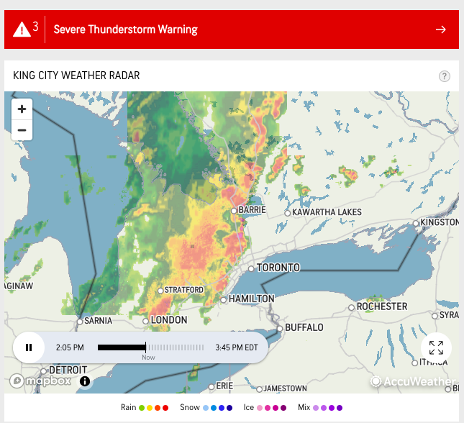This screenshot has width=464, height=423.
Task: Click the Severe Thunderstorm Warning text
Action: coord(127,29)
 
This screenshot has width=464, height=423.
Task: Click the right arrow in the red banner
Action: coord(441,29)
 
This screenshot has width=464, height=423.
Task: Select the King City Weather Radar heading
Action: coord(76,76)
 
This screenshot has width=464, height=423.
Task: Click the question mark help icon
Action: coord(445,76)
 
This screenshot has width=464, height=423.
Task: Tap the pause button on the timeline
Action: coord(29,347)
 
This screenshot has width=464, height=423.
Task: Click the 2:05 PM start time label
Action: coord(70,347)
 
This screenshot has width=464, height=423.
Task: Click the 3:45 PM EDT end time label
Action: coord(236,347)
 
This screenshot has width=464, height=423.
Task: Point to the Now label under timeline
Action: coord(148,358)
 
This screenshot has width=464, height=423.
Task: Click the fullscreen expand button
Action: coord(436,348)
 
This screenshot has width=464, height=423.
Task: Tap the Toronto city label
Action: coord(278,268)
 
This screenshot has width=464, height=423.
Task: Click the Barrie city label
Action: coord(252,210)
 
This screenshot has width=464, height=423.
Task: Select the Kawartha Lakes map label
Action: coord(327,212)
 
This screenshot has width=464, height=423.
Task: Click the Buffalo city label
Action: coord(304,327)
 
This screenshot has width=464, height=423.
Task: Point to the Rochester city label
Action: coord(382,306)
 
